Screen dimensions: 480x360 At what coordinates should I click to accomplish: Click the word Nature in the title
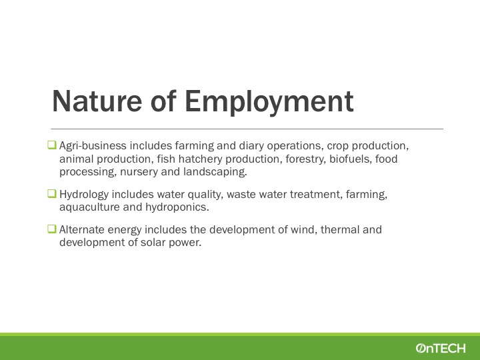pos(97,101)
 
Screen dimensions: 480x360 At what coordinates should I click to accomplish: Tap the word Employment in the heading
pos(269,103)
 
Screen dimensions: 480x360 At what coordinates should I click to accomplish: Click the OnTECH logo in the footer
pos(441,348)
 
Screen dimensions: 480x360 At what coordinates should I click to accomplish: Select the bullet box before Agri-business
pos(52,145)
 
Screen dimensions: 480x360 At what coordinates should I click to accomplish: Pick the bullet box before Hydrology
pos(52,193)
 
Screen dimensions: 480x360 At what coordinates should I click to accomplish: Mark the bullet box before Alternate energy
pos(52,229)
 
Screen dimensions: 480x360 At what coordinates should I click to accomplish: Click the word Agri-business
pos(93,146)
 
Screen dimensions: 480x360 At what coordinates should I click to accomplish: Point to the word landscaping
pos(215,172)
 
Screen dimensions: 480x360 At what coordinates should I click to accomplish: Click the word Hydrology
pos(84,195)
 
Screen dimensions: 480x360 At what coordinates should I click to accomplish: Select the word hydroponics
pos(177,207)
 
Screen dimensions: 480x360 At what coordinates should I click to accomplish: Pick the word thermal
pos(340,229)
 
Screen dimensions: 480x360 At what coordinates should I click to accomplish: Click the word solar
pos(152,243)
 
